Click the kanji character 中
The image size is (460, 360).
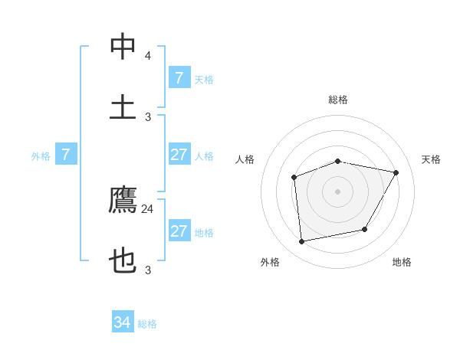pos(123,47)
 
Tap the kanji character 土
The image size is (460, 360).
pos(123,107)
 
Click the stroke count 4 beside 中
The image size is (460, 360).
pos(148,56)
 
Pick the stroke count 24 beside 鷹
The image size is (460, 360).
pos(148,208)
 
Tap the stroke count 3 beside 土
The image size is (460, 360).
pos(148,116)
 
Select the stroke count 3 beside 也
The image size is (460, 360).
pos(148,270)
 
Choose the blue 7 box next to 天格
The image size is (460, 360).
pos(179,77)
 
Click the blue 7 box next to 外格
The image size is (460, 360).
pos(66,155)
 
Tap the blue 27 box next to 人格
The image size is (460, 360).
pos(179,155)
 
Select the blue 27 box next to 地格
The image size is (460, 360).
pos(179,231)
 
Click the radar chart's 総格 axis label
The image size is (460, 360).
pos(338,100)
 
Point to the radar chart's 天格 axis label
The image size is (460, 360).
pos(431,159)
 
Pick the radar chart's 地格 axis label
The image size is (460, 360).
pos(402,262)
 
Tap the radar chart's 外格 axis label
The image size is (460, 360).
pos(270,262)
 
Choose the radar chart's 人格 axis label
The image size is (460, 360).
pos(245,159)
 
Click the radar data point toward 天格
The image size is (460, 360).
pos(396,172)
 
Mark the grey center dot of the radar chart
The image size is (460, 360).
pos(337,191)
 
